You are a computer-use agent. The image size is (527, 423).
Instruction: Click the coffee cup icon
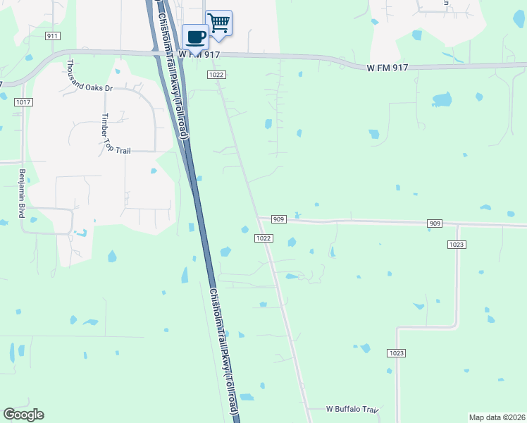195,36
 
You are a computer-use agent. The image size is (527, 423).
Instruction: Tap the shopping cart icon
218,23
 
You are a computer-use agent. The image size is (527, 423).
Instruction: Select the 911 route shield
52,35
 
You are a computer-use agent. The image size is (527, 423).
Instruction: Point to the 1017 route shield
23,102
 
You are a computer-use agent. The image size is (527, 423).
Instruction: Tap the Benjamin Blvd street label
21,193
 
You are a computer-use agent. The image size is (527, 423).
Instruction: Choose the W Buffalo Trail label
352,409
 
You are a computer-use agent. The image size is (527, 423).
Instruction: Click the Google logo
23,414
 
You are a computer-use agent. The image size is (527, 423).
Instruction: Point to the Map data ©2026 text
497,417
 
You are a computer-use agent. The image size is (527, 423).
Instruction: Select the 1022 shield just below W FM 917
216,74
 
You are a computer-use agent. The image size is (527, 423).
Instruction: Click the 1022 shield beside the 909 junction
263,238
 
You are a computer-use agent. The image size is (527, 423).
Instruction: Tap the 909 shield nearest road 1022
278,219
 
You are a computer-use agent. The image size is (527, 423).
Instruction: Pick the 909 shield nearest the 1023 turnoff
435,223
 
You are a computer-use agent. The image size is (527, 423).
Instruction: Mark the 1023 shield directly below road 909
457,245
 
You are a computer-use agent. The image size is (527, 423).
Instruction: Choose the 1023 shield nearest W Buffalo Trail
397,352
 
